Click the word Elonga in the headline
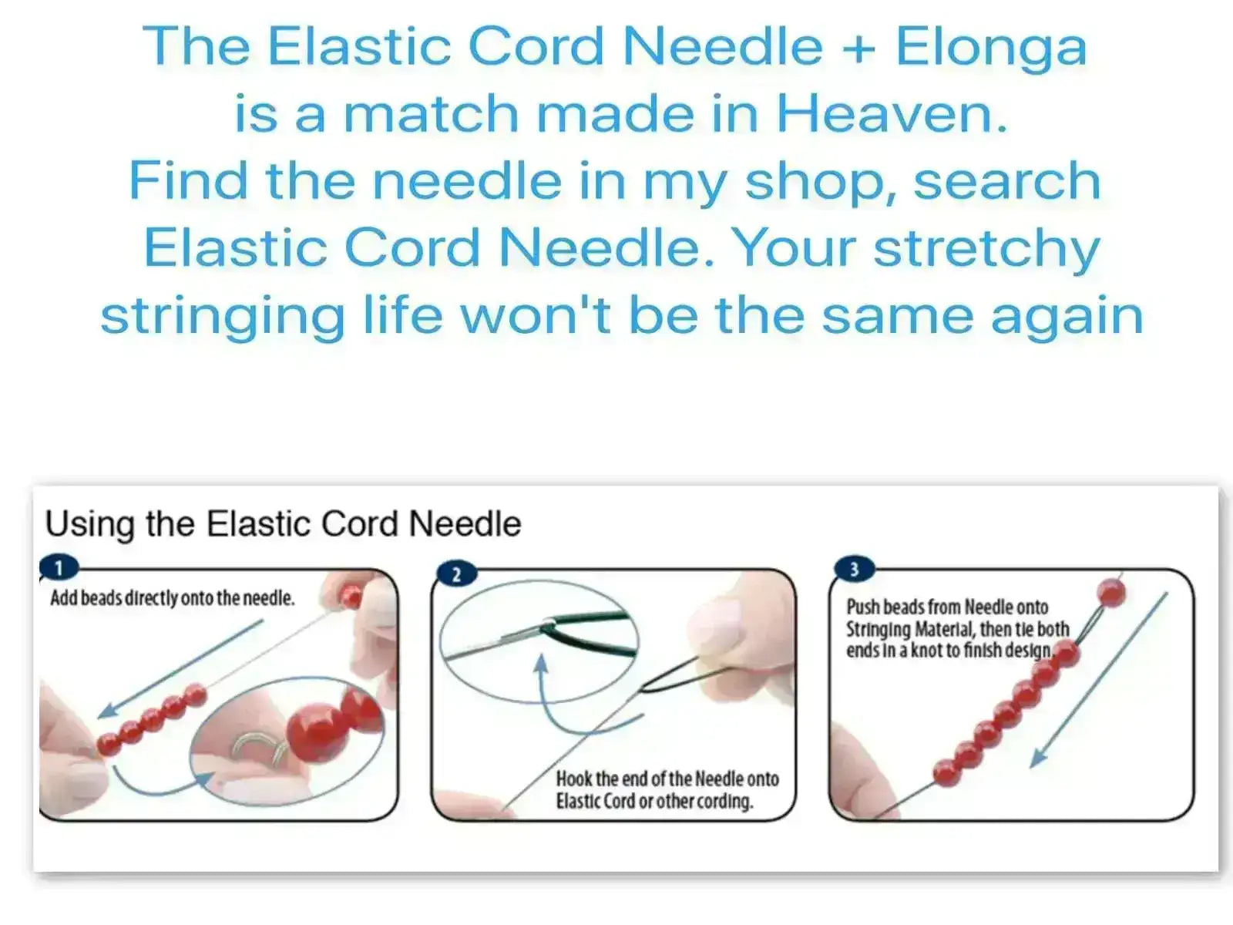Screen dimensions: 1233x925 (x=991, y=48)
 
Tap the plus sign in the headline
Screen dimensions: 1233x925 (x=859, y=49)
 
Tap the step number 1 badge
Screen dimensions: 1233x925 (x=59, y=568)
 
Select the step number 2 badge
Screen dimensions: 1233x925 (x=456, y=574)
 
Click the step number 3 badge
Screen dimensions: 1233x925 (x=854, y=570)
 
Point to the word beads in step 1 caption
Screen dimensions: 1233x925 (x=101, y=598)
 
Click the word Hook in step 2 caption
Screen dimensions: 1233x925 (x=574, y=779)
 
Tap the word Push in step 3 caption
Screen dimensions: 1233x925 (x=863, y=607)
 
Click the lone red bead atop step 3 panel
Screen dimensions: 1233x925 (x=1110, y=593)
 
